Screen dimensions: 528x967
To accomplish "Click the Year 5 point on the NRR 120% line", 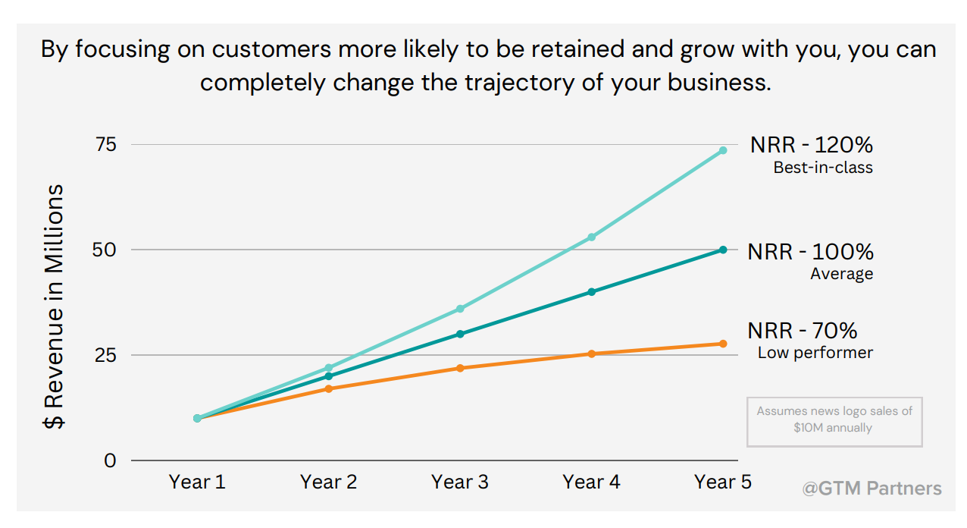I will (723, 150).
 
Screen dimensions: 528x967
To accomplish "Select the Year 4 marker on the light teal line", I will (591, 237).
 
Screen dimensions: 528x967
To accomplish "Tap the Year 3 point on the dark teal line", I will (460, 334).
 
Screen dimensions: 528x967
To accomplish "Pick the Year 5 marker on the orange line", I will (723, 344).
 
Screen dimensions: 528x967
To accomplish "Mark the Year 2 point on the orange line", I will (328, 388).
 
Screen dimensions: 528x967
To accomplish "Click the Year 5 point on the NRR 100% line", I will (723, 250).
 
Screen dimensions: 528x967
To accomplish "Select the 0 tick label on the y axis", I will (110, 460).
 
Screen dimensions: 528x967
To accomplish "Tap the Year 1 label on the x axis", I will (197, 482).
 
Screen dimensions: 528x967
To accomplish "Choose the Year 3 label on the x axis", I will (460, 482).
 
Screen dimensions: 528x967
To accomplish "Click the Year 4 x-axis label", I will (591, 482).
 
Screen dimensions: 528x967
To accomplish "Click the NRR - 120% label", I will (812, 145).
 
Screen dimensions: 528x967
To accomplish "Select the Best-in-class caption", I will (823, 168).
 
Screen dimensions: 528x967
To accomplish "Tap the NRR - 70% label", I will (803, 331).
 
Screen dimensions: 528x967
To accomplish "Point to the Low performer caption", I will (815, 353).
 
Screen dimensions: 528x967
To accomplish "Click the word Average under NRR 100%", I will (841, 274).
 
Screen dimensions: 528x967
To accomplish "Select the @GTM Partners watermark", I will (872, 488).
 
